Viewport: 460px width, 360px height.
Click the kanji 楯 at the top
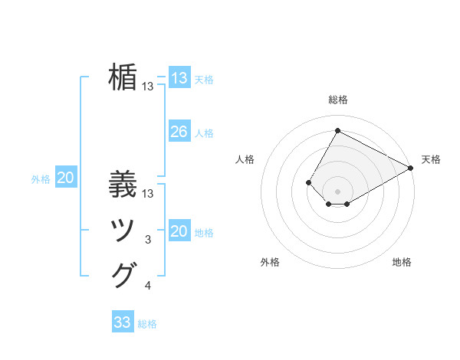[123, 77]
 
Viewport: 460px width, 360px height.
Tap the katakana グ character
[123, 274]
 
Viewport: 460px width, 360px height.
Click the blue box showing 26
[179, 132]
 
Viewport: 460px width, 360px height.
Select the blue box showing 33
[123, 322]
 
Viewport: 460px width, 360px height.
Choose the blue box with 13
[179, 78]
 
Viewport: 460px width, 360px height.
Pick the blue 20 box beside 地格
[179, 231]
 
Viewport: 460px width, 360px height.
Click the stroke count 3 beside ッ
[148, 240]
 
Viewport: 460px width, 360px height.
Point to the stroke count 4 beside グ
[148, 286]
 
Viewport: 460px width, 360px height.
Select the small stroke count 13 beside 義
[148, 193]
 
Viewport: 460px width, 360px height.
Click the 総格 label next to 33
[147, 324]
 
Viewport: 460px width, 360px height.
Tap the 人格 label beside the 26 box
[204, 133]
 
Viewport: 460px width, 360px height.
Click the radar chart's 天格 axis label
[431, 159]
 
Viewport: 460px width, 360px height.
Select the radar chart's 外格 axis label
[270, 263]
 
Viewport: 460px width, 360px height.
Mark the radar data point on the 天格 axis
[411, 168]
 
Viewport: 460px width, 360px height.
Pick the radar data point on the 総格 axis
[337, 130]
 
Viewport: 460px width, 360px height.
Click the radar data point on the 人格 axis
[308, 182]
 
